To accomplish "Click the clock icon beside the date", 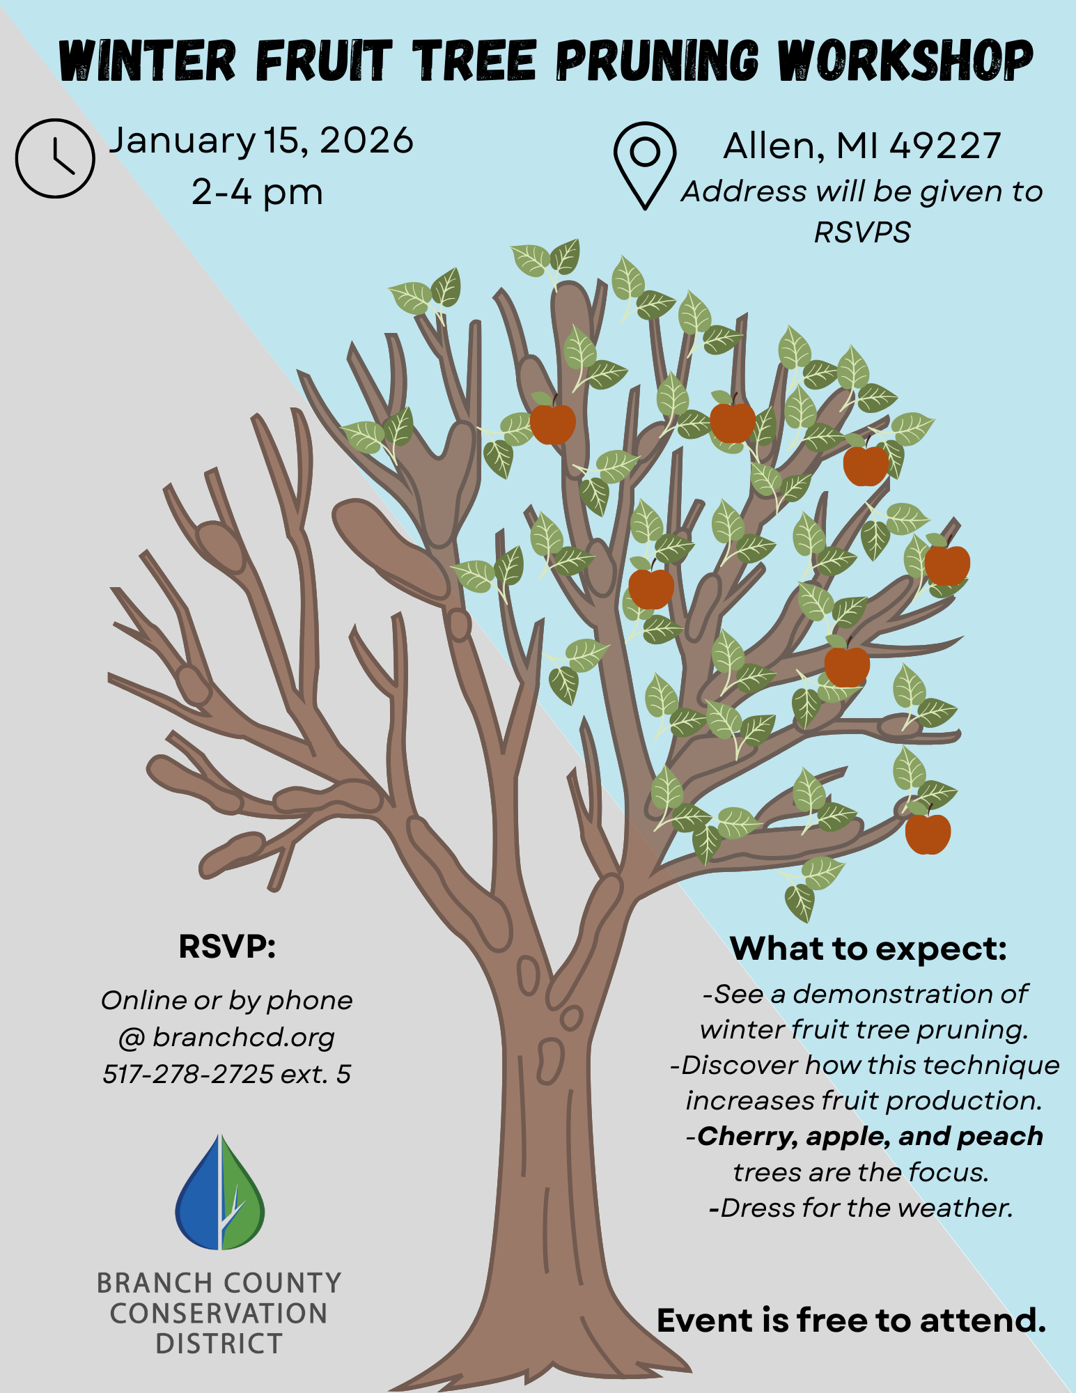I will [55, 158].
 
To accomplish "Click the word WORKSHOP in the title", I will [905, 61].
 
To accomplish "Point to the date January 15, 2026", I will [261, 141].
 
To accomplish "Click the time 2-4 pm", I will [257, 192].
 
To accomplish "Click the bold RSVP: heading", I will [227, 947].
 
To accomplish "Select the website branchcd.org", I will [244, 1037].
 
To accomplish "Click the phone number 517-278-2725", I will [188, 1074].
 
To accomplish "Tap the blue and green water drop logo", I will [220, 1192].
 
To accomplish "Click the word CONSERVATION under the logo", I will [219, 1314].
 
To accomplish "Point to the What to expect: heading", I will [868, 949].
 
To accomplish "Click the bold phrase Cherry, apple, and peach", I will [871, 1136].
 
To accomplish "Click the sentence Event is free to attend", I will [851, 1321].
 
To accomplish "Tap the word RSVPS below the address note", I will [862, 233].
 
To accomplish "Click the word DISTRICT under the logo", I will [219, 1344].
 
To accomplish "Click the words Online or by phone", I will [227, 1001].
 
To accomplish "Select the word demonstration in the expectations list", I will [893, 994].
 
